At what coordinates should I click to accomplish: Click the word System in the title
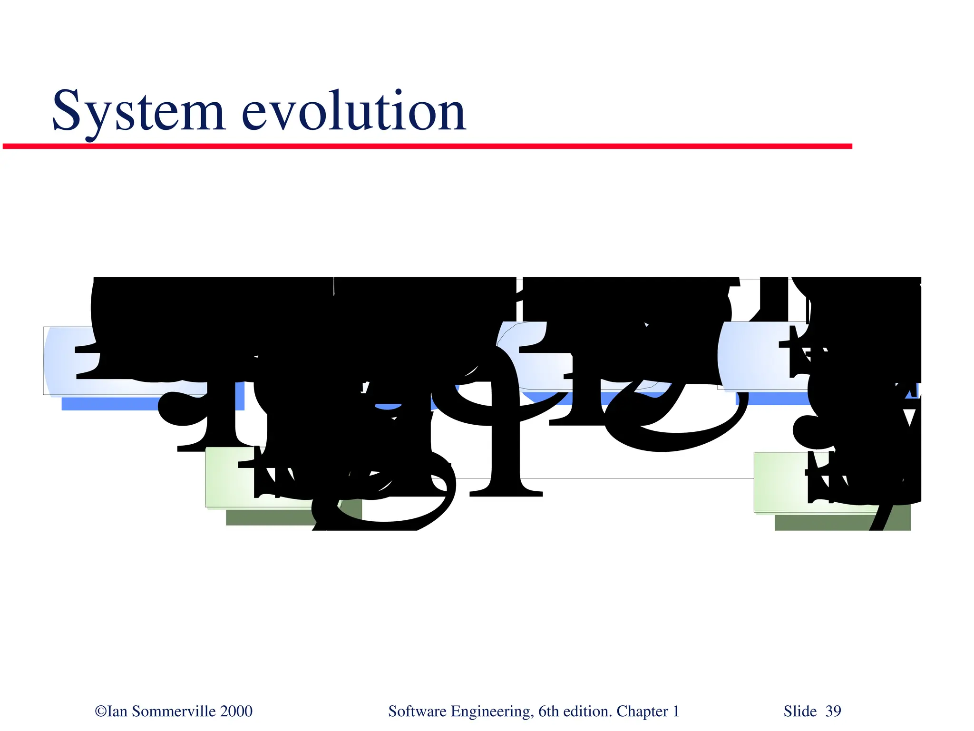(138, 112)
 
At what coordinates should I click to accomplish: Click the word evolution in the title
(354, 112)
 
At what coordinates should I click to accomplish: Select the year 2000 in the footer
(236, 711)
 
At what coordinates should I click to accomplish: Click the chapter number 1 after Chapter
(675, 711)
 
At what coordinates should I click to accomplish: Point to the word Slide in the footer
(800, 711)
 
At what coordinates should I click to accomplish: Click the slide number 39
(833, 711)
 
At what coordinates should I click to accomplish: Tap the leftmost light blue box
(62, 361)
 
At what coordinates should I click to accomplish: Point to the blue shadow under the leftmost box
(109, 404)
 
